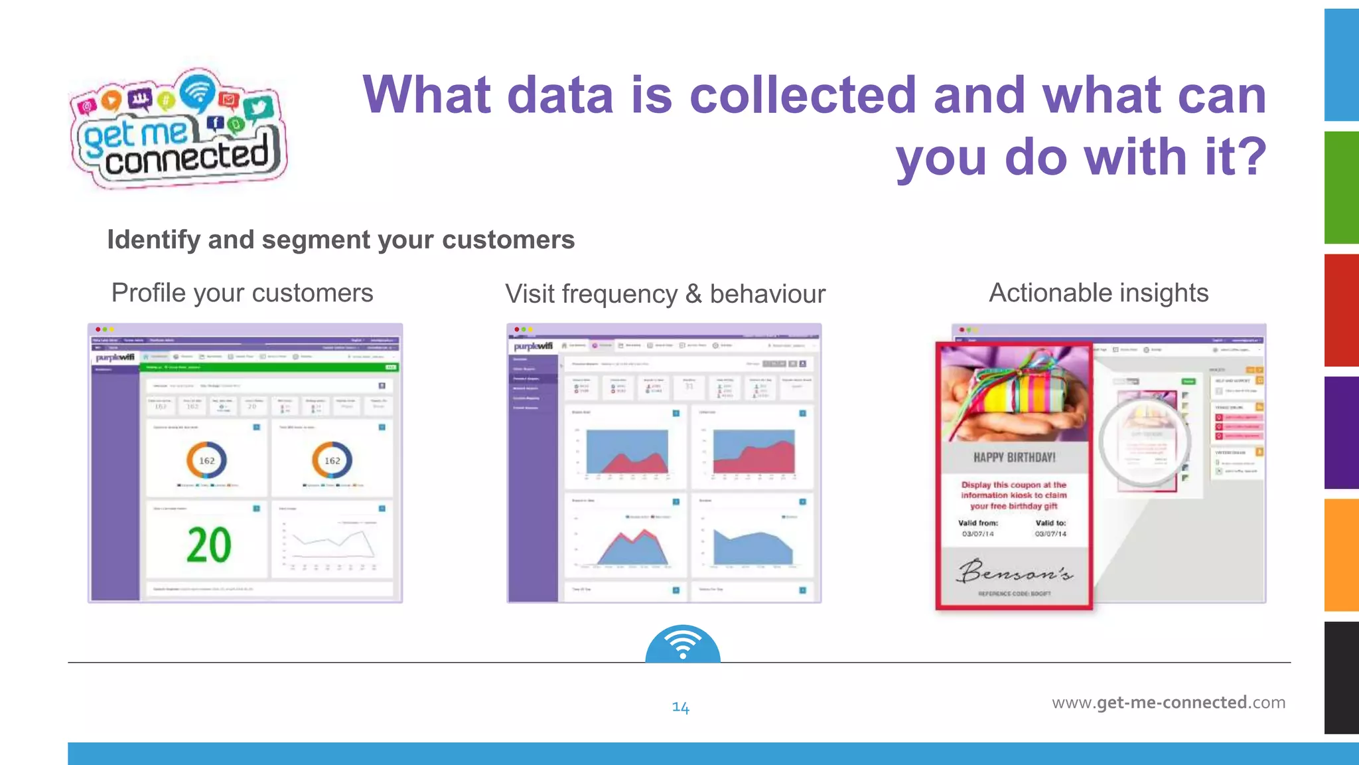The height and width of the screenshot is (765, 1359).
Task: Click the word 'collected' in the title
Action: click(x=803, y=95)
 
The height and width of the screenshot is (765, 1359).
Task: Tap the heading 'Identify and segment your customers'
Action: click(x=340, y=240)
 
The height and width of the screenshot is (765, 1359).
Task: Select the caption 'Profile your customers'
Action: click(x=242, y=293)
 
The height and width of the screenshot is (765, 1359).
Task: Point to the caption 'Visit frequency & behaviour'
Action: click(x=665, y=294)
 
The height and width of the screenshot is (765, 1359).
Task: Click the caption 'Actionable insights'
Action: click(x=1098, y=293)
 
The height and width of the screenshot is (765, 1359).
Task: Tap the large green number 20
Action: click(x=208, y=546)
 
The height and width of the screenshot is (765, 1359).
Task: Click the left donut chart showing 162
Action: click(x=206, y=460)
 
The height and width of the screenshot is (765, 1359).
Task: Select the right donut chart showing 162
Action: click(x=332, y=460)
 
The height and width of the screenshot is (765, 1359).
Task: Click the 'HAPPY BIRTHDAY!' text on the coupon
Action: click(x=1014, y=458)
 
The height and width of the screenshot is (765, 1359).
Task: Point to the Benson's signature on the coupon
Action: click(x=1014, y=571)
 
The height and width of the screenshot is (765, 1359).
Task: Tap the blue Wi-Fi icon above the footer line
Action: click(x=683, y=644)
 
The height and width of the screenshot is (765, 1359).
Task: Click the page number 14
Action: click(x=680, y=707)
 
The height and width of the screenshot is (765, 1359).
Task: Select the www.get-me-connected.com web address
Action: click(x=1168, y=703)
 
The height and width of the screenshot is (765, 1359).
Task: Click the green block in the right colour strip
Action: click(x=1341, y=187)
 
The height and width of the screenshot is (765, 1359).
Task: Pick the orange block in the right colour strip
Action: click(x=1341, y=554)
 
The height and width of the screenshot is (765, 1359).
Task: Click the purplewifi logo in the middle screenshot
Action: click(x=533, y=346)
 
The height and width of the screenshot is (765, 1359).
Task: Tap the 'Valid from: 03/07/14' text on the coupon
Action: click(x=978, y=529)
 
